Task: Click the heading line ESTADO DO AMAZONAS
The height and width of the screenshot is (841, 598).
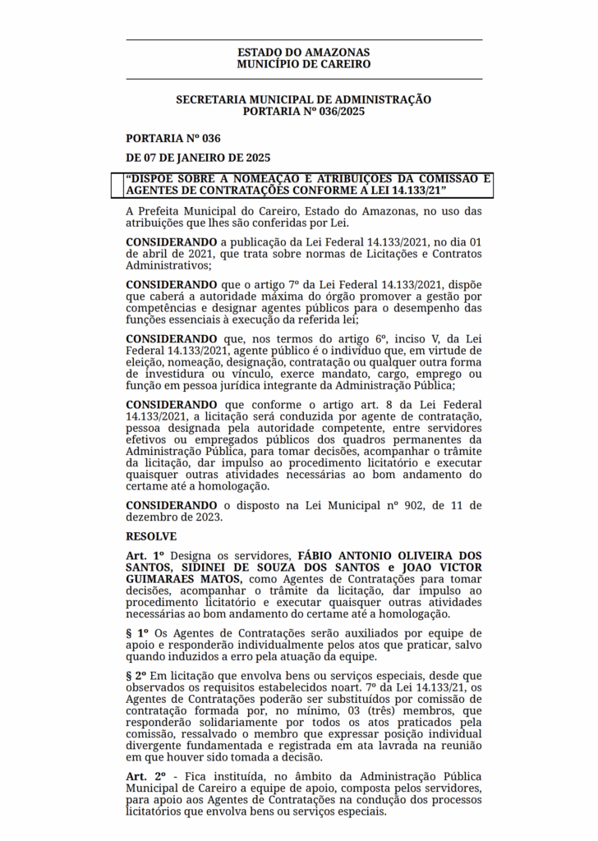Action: (303, 52)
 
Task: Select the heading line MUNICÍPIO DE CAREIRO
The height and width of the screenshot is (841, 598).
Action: (303, 64)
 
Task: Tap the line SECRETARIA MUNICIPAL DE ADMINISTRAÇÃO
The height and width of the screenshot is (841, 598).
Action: (303, 99)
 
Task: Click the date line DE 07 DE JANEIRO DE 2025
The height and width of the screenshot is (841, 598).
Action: (198, 158)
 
